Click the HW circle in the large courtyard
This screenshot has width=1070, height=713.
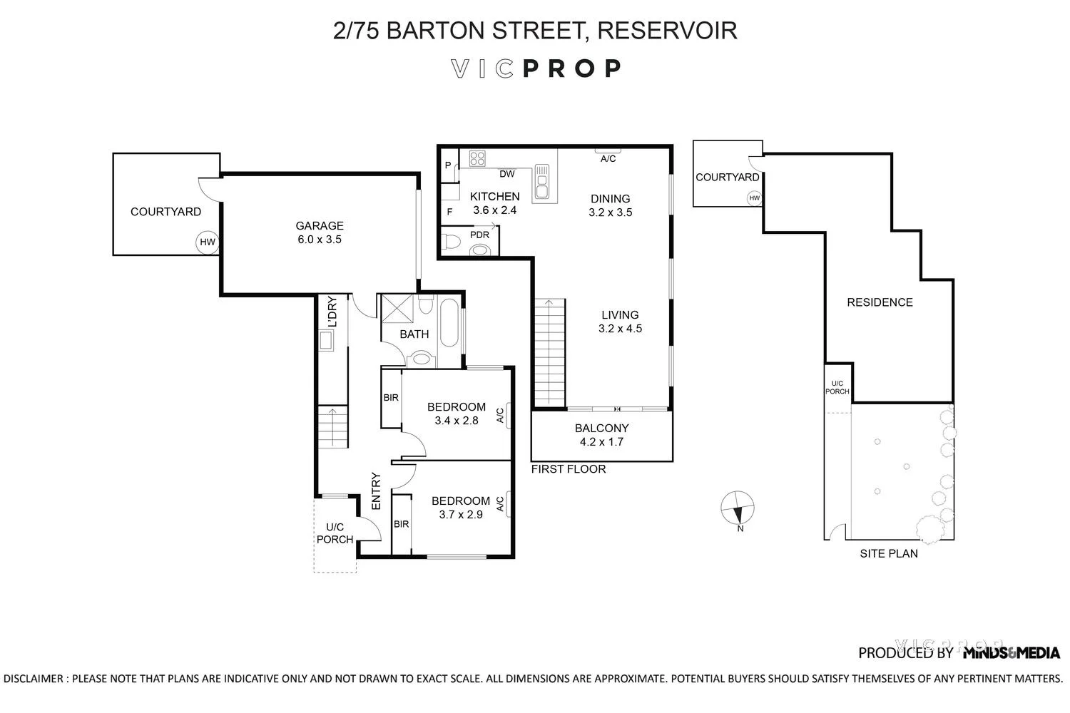pos(207,242)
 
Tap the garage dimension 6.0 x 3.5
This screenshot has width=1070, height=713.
pos(320,240)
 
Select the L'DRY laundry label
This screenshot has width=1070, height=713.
pos(331,312)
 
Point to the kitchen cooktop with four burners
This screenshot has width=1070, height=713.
pos(477,159)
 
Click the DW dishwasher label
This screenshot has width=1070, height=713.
pos(507,174)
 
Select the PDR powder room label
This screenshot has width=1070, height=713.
pos(479,235)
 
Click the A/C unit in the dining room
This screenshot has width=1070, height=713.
pos(608,151)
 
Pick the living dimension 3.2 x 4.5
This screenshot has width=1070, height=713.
pos(620,329)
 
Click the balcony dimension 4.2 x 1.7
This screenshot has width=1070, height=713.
pos(601,442)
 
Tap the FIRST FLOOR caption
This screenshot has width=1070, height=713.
pos(569,469)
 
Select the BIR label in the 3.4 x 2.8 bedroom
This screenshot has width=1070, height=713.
pos(391,398)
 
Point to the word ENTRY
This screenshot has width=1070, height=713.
pos(377,491)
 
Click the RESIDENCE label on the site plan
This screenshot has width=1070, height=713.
pos(880,302)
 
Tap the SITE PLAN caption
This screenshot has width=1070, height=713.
pos(889,553)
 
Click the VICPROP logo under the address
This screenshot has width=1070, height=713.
pos(536,68)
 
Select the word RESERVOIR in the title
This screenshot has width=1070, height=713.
pos(666,31)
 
